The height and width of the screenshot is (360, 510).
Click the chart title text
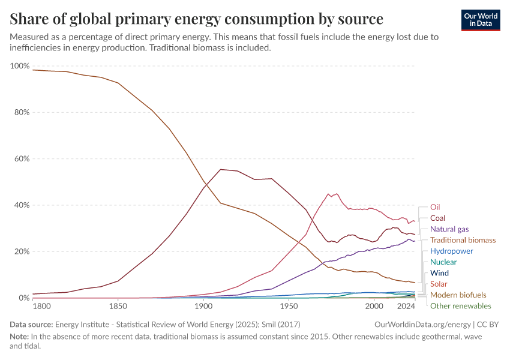click(197, 19)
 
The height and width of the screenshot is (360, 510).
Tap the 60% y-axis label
click(21, 159)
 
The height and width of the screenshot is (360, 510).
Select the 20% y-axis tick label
click(21, 251)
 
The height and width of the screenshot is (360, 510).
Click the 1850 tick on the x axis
click(118, 307)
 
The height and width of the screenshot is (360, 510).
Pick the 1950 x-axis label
click(289, 307)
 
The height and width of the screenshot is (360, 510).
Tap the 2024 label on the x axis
click(406, 307)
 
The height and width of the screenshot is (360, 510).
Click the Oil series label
click(436, 207)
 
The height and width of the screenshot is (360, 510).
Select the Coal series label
click(438, 218)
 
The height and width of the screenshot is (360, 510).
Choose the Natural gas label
click(449, 229)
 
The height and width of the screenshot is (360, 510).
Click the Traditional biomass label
click(463, 240)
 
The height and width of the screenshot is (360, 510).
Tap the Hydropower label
click(452, 251)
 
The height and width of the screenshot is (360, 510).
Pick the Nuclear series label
click(443, 262)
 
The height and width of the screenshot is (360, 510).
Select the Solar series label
click(439, 284)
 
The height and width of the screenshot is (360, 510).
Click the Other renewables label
click(460, 306)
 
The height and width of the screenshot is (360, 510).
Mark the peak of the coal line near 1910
click(221, 169)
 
